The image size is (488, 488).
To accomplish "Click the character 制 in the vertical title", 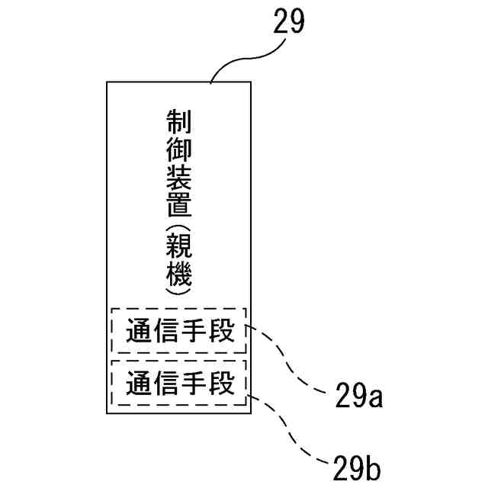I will click(178, 123).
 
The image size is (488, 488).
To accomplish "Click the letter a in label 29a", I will click(374, 399).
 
